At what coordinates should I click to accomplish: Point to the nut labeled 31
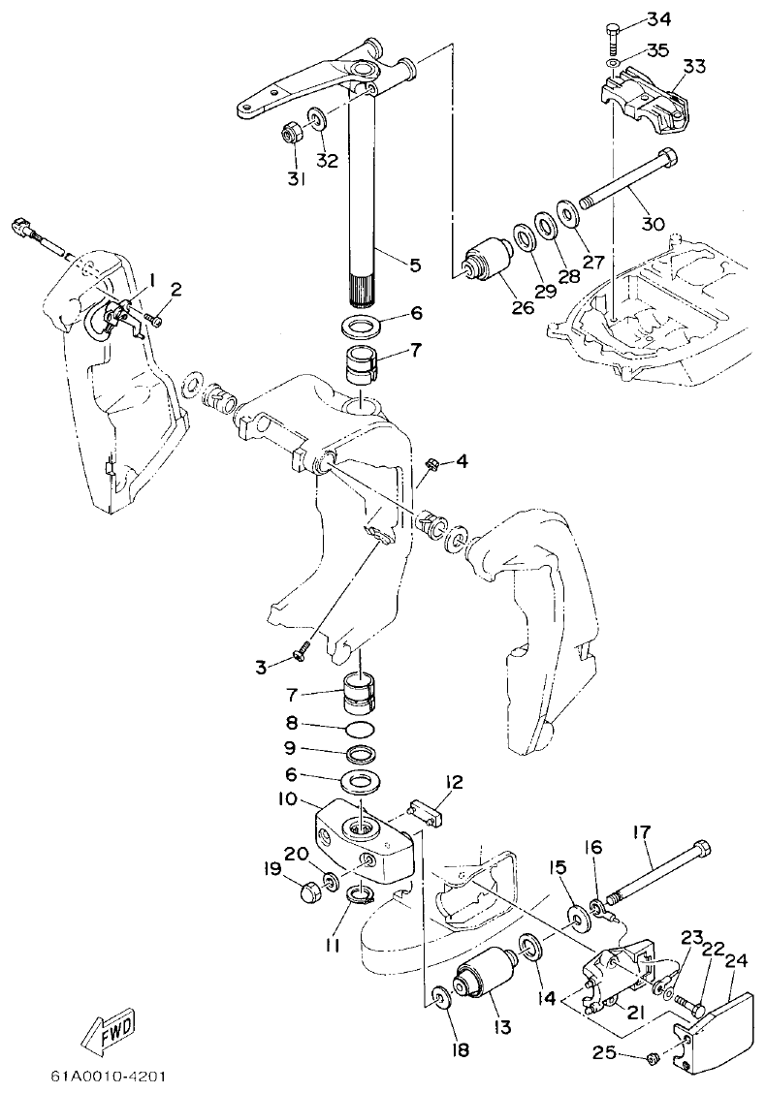tap(291, 133)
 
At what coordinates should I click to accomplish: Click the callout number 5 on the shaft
tap(415, 263)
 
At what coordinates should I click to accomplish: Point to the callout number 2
tap(176, 289)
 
